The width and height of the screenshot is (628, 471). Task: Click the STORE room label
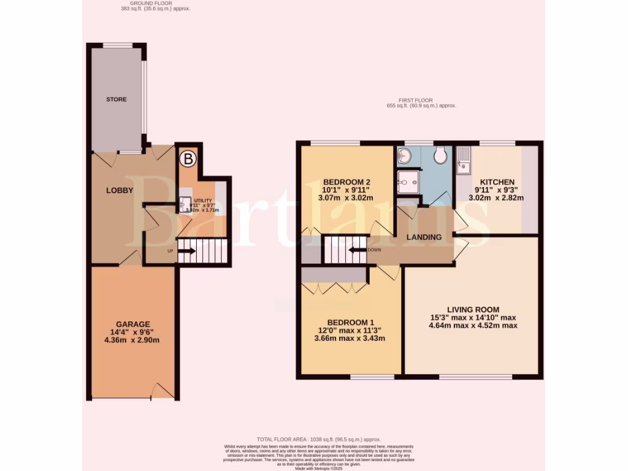point(117,99)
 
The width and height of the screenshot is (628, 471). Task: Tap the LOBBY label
point(120,190)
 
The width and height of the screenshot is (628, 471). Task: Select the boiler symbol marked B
point(188,159)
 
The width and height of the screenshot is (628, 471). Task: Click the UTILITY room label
point(202,201)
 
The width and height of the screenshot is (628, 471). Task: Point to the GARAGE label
point(133,324)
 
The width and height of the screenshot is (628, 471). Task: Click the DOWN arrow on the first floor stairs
point(358,250)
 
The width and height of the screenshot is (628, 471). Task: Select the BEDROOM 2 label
point(347,182)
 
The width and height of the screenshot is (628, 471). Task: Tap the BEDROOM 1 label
point(351,323)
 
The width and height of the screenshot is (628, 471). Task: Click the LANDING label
point(424,237)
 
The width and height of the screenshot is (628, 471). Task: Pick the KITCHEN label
point(497,182)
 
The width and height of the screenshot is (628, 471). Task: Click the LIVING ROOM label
point(473,309)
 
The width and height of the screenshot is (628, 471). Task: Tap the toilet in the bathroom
point(440,156)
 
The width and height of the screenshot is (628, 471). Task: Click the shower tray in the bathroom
point(407,182)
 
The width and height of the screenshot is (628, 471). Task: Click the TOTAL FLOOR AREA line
point(318,439)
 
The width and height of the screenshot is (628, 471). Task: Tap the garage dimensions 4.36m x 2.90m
point(133,340)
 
